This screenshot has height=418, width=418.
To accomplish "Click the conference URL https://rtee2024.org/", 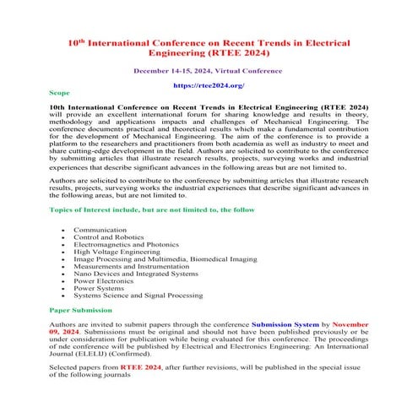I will point(208,85).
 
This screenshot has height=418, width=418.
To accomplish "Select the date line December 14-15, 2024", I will point(208,71).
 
